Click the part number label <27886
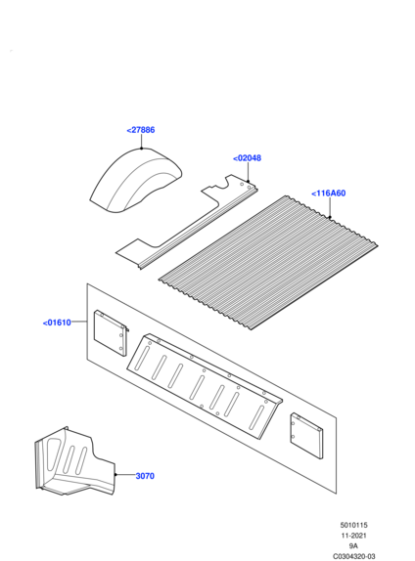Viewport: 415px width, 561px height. click(141, 130)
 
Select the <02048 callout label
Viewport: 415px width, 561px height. click(247, 158)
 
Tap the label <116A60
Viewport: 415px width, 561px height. click(328, 194)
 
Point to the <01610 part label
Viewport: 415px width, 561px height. click(57, 323)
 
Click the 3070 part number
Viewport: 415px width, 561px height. click(145, 476)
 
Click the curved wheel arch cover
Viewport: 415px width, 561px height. click(135, 181)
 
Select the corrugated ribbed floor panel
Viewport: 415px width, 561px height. click(268, 262)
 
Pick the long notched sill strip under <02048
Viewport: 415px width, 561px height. click(186, 222)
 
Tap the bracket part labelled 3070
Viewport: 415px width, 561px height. click(74, 461)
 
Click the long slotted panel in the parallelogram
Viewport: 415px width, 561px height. click(205, 386)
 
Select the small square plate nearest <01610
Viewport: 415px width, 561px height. click(111, 333)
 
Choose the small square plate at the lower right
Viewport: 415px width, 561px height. click(306, 436)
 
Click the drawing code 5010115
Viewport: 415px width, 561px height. click(353, 525)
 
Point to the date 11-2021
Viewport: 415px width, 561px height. click(353, 536)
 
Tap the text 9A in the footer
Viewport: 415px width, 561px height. click(353, 546)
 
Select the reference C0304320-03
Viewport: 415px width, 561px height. click(353, 556)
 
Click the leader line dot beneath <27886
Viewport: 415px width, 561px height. click(142, 149)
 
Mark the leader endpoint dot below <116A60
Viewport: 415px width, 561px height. click(330, 217)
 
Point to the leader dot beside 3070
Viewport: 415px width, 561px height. click(115, 475)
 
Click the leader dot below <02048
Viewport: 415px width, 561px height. click(248, 182)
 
